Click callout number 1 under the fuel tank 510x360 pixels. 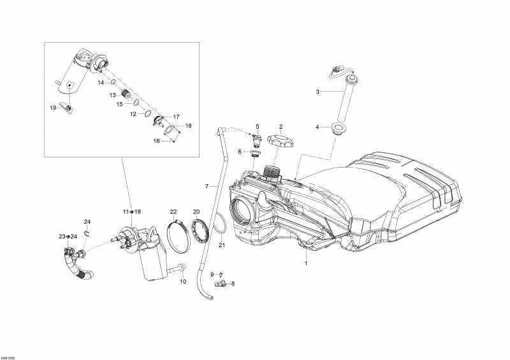tap(305, 263)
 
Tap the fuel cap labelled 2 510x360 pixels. tap(280, 140)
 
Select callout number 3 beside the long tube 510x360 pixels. tap(317, 92)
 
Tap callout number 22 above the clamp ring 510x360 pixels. tap(173, 211)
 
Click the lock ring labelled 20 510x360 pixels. tap(201, 230)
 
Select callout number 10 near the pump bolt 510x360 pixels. tap(182, 281)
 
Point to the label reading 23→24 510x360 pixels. tap(68, 236)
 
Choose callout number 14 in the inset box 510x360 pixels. tap(101, 83)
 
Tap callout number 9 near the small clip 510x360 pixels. tap(212, 274)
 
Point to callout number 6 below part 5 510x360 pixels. tap(240, 152)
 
